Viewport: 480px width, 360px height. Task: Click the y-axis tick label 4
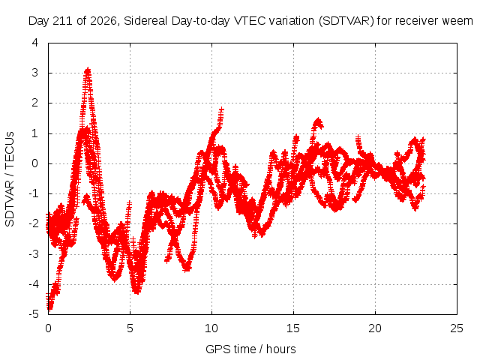tap(35, 43)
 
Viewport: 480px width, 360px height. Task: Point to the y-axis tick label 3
tap(35, 73)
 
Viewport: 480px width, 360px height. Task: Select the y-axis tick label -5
tap(34, 314)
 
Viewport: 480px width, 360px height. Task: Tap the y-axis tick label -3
tap(34, 254)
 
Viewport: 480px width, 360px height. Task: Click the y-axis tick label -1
tap(34, 193)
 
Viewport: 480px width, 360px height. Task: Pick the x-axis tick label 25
tap(457, 328)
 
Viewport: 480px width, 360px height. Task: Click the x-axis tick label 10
tap(211, 328)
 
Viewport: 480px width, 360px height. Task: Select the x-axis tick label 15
tap(293, 328)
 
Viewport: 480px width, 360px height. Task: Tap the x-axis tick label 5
tap(130, 328)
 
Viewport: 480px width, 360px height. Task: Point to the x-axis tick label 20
tap(375, 328)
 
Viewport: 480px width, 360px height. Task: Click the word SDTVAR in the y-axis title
tap(10, 203)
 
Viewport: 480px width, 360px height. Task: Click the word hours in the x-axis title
tap(281, 349)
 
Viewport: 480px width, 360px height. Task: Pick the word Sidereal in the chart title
tap(145, 21)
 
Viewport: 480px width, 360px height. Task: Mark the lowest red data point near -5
tap(49, 309)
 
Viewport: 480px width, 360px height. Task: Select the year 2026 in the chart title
tap(103, 21)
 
